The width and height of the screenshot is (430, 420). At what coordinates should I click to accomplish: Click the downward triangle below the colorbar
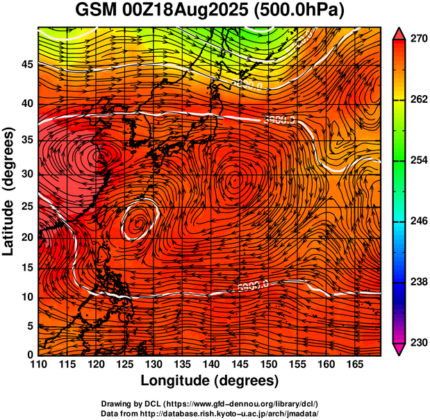399,349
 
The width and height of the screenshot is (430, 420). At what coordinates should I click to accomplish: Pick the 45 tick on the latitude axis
26,65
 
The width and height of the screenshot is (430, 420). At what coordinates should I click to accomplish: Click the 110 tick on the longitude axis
38,364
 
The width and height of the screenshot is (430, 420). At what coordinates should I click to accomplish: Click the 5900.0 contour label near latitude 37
279,119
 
